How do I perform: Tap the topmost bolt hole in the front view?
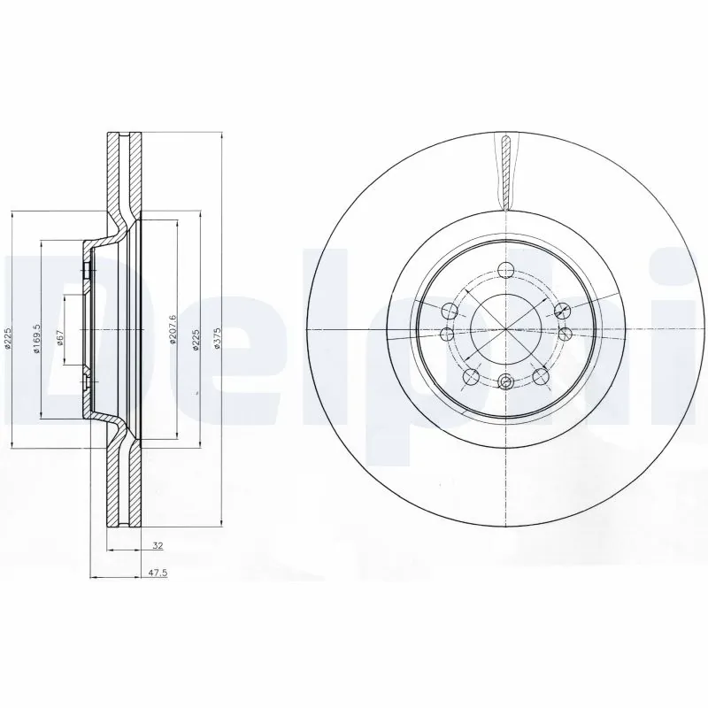[x=505, y=272]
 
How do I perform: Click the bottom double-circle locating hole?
[x=505, y=381]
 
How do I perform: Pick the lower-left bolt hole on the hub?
[x=471, y=378]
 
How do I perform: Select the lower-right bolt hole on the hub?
[x=540, y=378]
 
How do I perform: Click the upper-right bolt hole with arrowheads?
[x=559, y=310]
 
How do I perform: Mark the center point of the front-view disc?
[x=505, y=330]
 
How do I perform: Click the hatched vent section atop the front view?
[x=505, y=168]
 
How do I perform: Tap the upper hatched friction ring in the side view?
[x=123, y=173]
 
